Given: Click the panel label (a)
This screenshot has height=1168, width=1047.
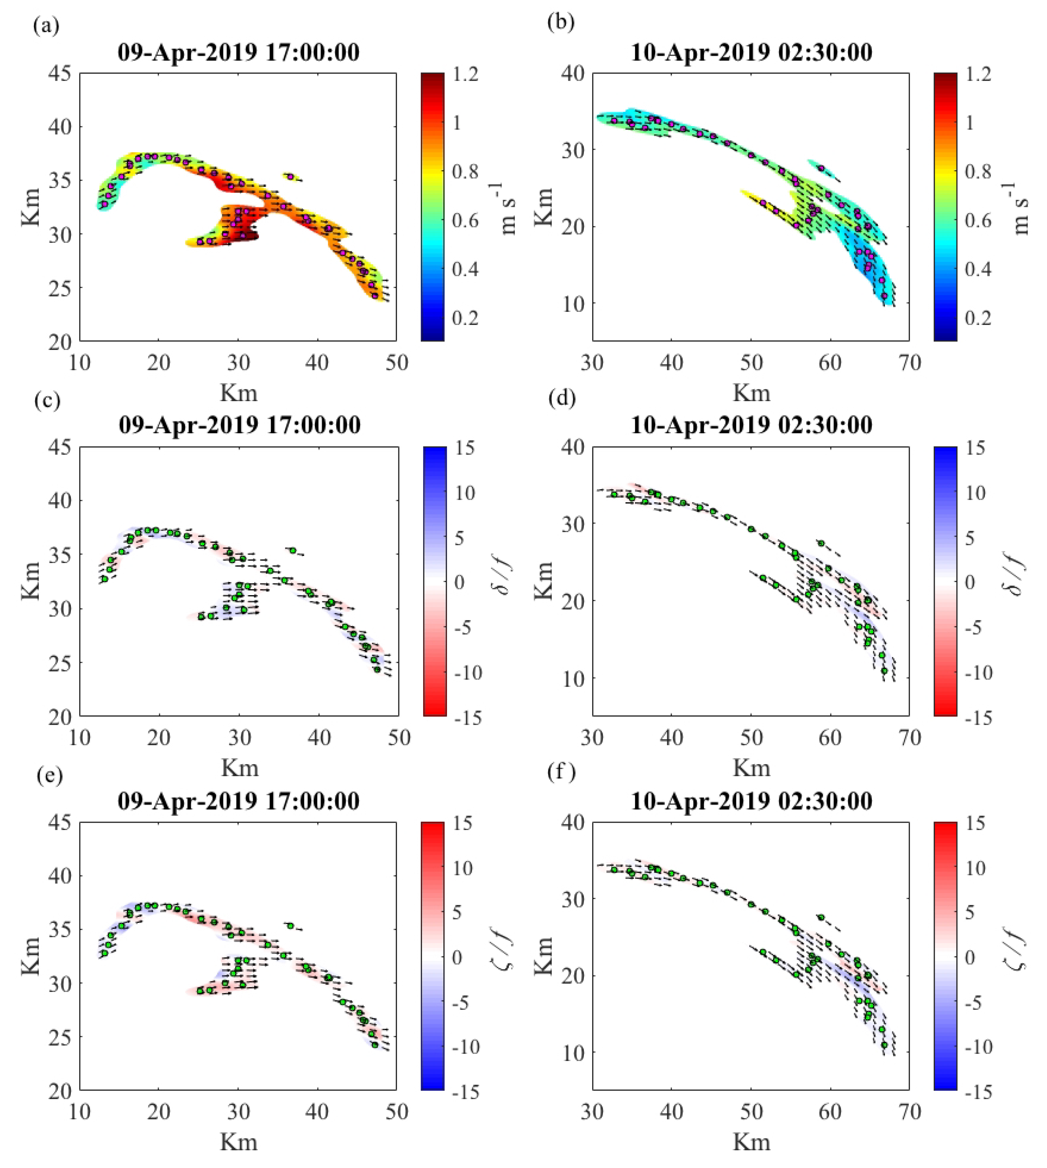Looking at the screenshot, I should click(x=46, y=26).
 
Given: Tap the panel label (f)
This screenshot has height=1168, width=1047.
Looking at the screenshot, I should click(x=561, y=775).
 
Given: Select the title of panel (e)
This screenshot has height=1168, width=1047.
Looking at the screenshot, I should click(x=239, y=801).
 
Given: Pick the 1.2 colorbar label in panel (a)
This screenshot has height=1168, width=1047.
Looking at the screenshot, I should click(x=465, y=74).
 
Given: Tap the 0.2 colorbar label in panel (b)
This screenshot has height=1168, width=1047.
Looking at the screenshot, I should click(x=977, y=318).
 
